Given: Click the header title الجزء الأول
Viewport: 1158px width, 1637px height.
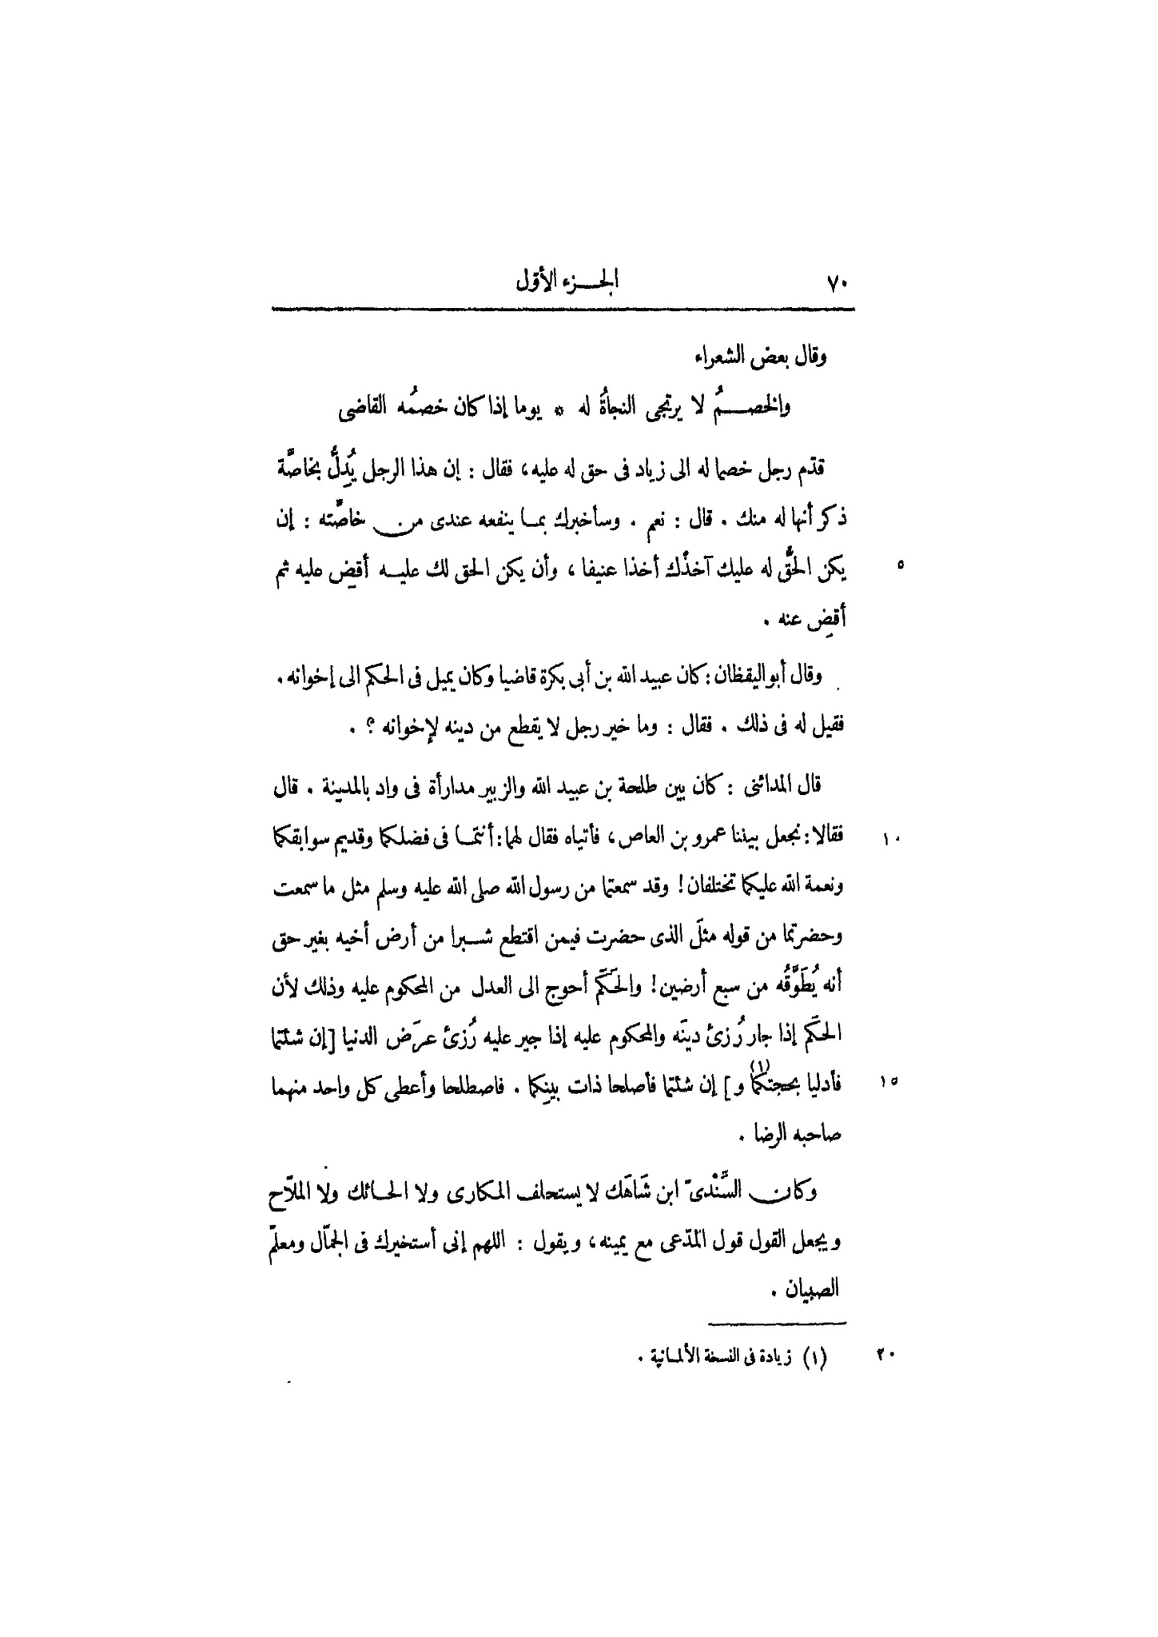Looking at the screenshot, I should coord(568,283).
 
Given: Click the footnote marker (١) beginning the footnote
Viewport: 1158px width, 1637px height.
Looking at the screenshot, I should coord(814,1356).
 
